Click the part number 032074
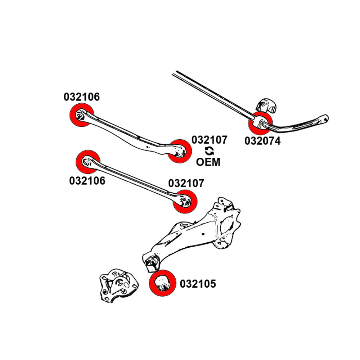pos(262,140)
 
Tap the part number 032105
pos(198,284)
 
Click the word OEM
pos(208,162)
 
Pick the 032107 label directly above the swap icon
pos(209,140)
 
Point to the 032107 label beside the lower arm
pos(186,183)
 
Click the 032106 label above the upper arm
pos(82,97)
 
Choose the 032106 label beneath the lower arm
pos(87,180)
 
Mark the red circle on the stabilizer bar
pos(260,123)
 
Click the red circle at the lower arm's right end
pos(185,202)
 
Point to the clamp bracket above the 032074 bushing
pos(266,105)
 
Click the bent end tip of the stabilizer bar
pos(325,117)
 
